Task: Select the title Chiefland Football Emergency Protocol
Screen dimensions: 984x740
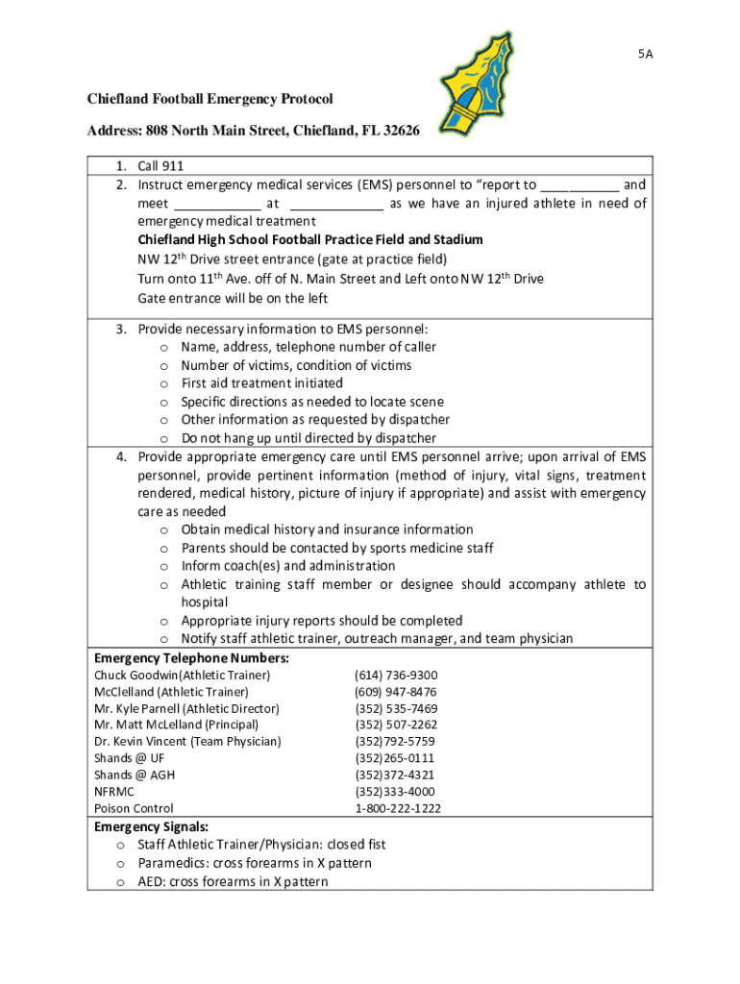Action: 210,99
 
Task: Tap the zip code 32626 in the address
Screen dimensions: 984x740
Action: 398,130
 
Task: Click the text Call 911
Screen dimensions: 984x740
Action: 160,166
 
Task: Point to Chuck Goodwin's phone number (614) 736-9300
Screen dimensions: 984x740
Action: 396,676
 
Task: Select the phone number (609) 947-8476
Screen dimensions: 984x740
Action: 396,692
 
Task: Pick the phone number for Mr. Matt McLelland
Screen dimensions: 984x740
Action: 396,725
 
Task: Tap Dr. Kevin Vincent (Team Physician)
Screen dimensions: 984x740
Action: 187,742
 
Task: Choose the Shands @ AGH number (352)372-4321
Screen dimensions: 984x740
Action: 394,775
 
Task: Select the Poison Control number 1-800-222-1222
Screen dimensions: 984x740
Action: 398,808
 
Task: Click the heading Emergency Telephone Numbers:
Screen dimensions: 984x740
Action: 191,658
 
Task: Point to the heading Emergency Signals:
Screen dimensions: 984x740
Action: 151,826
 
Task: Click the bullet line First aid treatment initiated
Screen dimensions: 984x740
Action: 261,383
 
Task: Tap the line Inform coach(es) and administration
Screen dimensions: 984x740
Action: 287,566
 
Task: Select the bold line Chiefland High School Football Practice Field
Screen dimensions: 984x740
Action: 309,239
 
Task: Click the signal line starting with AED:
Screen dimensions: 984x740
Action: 233,881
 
